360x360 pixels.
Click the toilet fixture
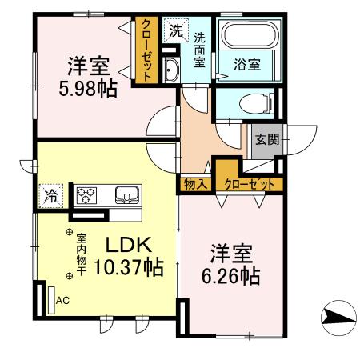tap(253, 103)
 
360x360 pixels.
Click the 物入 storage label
tap(196, 184)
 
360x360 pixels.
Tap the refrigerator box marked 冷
tap(50, 194)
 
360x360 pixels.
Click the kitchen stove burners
tap(87, 194)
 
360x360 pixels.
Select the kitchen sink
tap(127, 194)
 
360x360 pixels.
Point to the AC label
tap(61, 302)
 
